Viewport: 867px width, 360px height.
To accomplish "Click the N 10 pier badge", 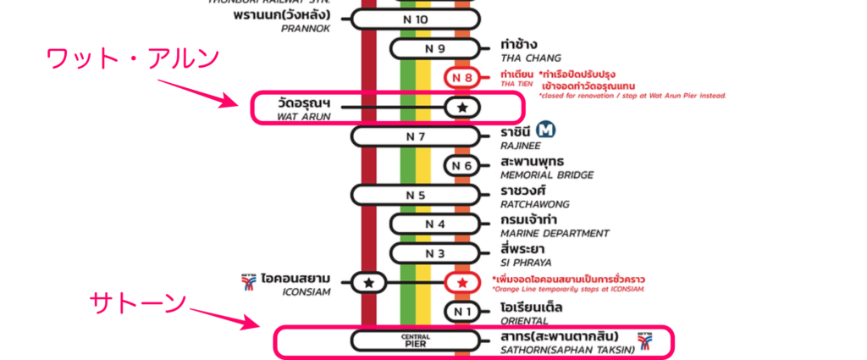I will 415,19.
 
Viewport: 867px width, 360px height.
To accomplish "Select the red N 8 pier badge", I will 462,79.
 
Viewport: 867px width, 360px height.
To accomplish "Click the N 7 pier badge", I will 415,136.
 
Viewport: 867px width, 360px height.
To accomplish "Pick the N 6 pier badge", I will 462,166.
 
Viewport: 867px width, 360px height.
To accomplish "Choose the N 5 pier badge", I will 415,195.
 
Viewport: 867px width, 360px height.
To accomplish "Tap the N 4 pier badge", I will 434,224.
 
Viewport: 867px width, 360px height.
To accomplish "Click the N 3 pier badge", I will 434,253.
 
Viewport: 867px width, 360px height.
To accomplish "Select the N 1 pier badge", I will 462,312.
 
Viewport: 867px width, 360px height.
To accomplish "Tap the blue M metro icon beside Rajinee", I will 547,130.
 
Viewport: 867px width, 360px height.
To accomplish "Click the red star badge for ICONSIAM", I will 462,283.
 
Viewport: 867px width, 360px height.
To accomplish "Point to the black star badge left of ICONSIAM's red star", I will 368,283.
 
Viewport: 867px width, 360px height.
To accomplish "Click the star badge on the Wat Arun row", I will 462,108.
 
